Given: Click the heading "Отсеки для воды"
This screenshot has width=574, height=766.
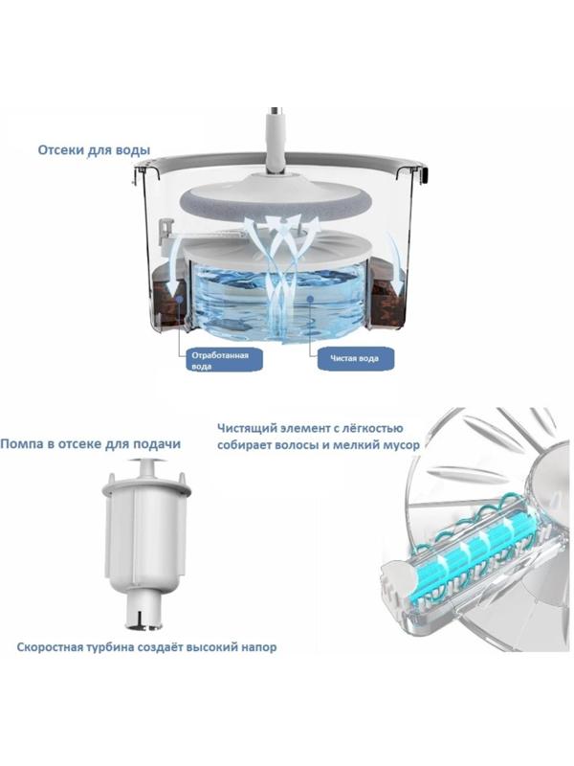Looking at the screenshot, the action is click(94, 150).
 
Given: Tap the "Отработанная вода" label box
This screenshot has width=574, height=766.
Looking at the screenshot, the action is click(224, 360).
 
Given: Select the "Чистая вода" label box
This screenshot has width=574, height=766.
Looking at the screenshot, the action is click(356, 358).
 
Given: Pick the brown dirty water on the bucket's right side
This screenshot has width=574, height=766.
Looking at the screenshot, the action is click(388, 293).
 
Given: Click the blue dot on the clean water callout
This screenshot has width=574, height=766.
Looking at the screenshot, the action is click(309, 298).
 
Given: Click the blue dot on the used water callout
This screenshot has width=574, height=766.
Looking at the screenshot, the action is click(180, 298).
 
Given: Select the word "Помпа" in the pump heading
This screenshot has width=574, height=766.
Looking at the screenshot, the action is click(21, 444).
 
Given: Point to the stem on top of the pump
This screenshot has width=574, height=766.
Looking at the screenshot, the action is click(146, 469).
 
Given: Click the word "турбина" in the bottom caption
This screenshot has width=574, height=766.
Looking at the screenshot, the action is click(110, 648).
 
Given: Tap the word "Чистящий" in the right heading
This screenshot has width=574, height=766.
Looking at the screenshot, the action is click(248, 428).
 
